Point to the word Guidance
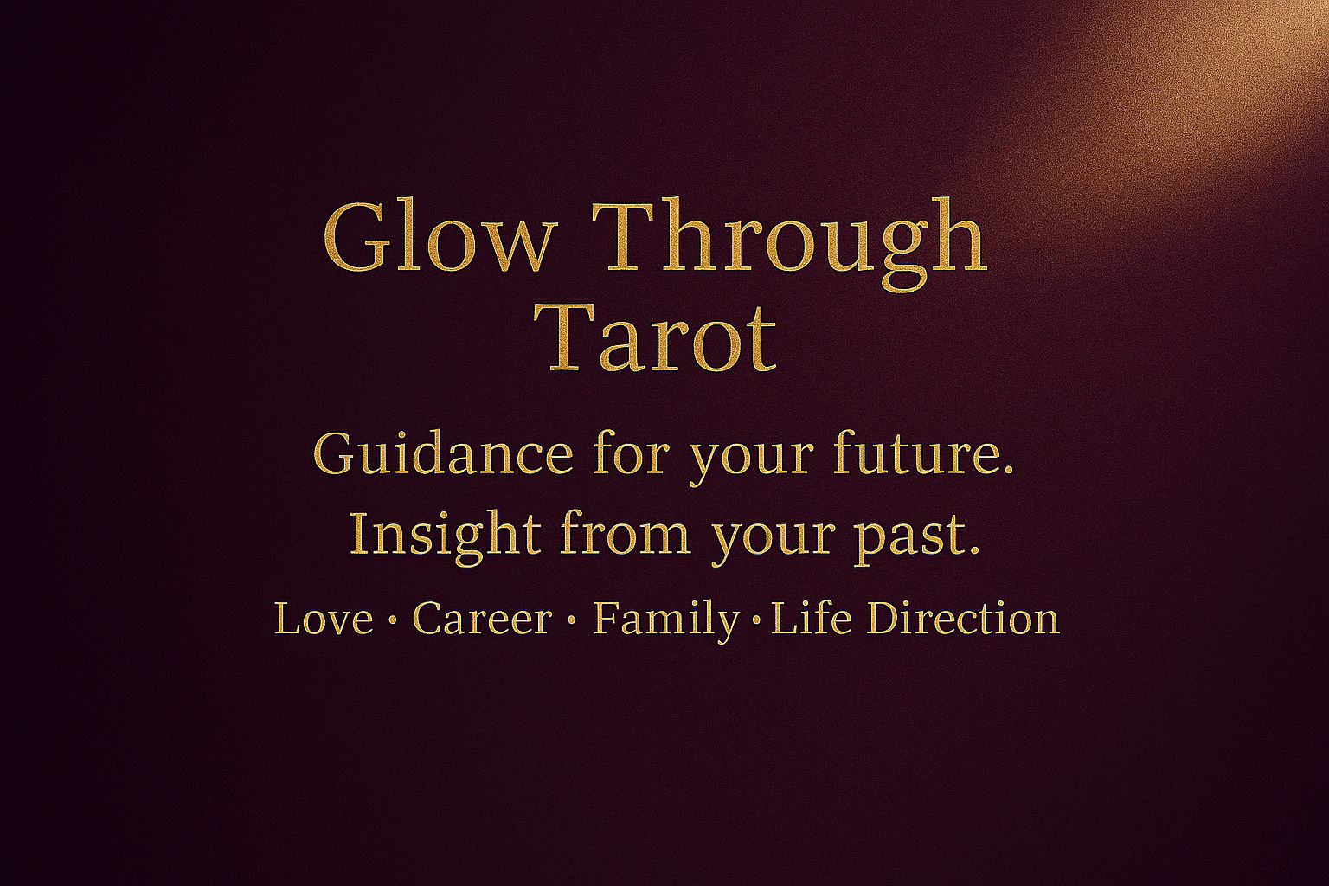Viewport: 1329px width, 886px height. [x=443, y=454]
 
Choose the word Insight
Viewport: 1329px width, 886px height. [x=445, y=533]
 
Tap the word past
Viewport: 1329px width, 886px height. [x=915, y=537]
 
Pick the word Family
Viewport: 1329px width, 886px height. [x=665, y=623]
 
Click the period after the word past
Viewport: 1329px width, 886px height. [x=973, y=550]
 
